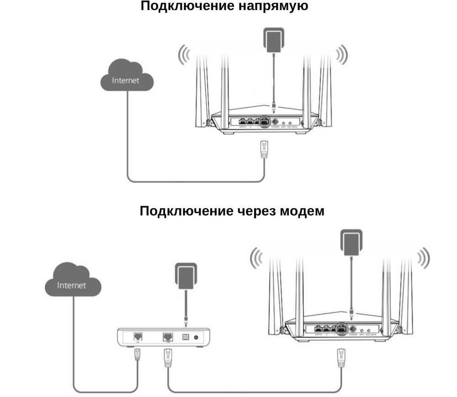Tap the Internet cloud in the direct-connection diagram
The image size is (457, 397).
pos(126,79)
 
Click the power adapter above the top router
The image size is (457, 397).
pos(273,38)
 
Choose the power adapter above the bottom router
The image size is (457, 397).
pos(351,242)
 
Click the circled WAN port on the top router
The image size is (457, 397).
pos(265,122)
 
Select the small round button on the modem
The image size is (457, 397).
pos(197,337)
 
